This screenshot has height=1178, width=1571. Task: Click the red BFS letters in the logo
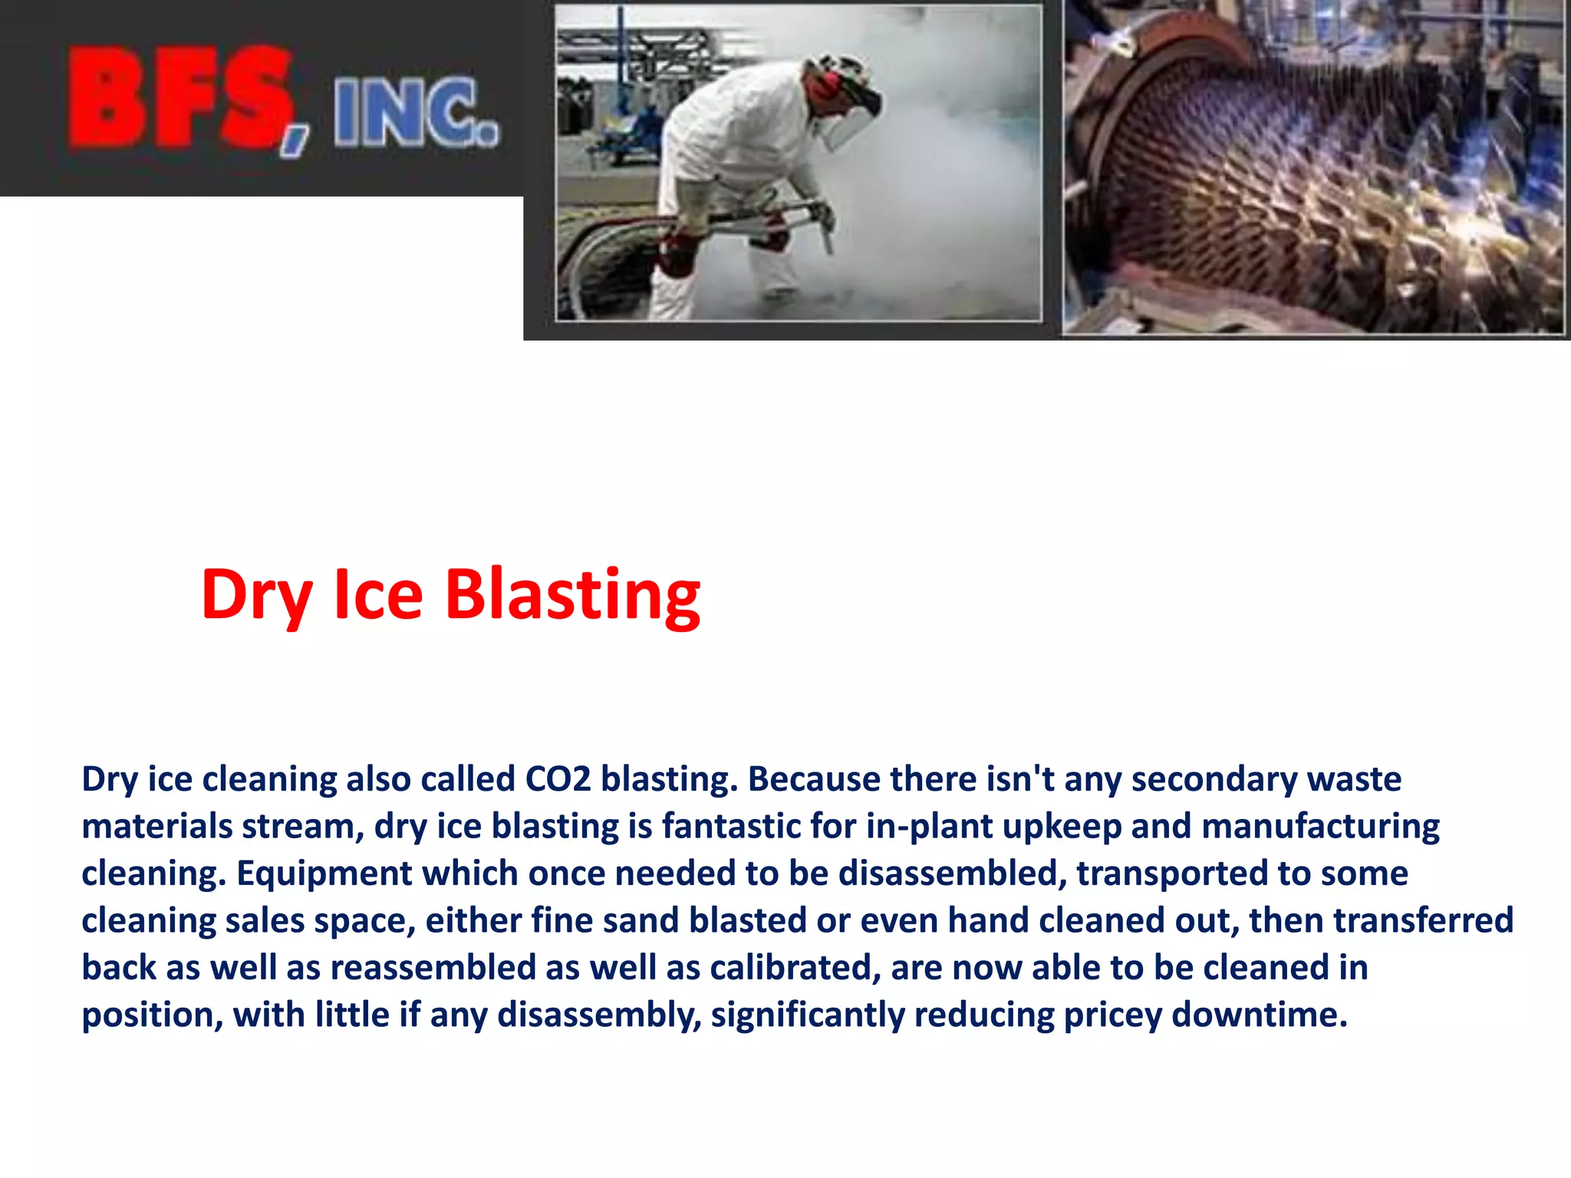[180, 98]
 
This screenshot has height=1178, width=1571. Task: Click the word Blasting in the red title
[572, 594]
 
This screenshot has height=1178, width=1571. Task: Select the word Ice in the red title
[378, 594]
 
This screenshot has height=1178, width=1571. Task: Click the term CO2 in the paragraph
[558, 779]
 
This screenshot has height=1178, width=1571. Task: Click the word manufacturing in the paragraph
[1320, 827]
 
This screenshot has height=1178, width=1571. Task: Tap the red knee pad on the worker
[675, 257]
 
